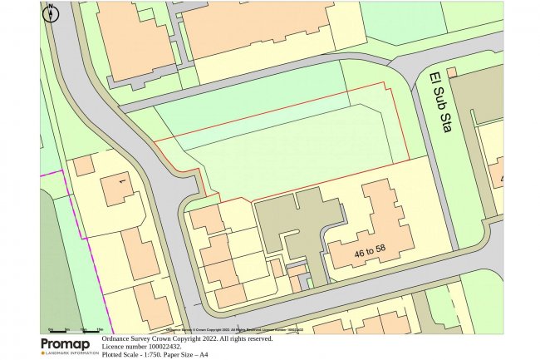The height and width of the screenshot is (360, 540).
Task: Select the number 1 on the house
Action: [121, 180]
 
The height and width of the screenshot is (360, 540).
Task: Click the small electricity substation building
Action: [452, 73]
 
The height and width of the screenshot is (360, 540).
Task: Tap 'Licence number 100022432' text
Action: [146, 347]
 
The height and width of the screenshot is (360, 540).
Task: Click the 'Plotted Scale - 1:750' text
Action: [136, 355]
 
